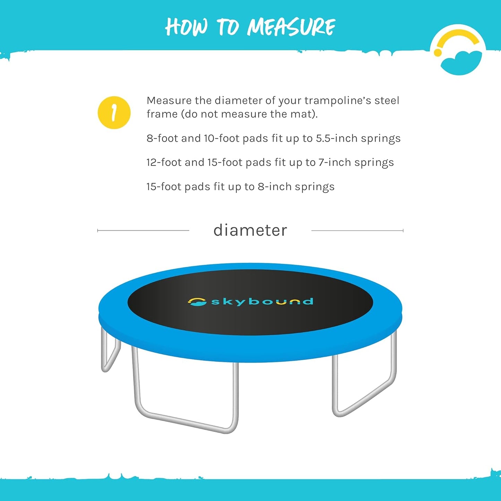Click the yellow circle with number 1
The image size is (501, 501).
[x=114, y=113]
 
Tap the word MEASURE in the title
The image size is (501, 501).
[x=291, y=27]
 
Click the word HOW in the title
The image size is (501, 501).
[x=186, y=27]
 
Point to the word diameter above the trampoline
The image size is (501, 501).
[x=250, y=231]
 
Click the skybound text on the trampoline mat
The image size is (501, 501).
[x=262, y=302]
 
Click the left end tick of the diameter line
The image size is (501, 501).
[x=98, y=231]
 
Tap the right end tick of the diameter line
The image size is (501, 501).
[x=403, y=231]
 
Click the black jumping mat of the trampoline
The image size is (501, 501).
[x=250, y=319]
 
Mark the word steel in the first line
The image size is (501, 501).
[x=387, y=101]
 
